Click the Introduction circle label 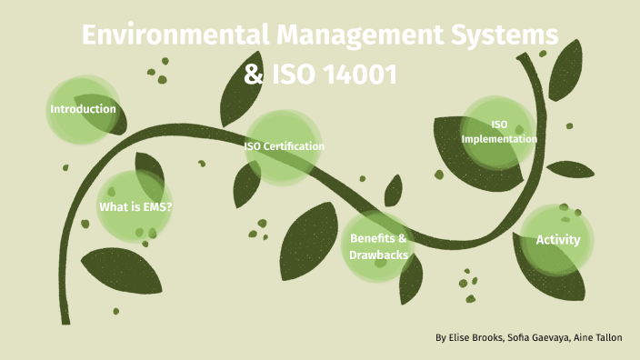[83, 109]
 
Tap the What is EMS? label [135, 207]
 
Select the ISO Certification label [284, 145]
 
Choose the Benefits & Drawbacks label [378, 246]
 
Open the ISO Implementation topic [499, 132]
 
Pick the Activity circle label [558, 240]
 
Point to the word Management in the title [373, 37]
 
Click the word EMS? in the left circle [156, 207]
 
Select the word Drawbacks [378, 255]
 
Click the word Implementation [499, 139]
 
